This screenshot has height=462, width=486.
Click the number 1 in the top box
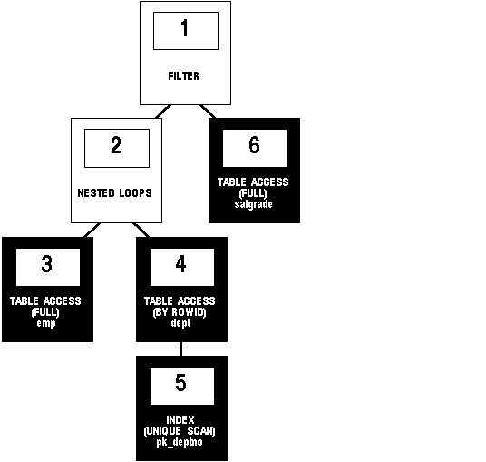click(x=185, y=27)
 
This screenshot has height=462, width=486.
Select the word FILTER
click(x=183, y=76)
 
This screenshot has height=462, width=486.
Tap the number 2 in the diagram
click(x=116, y=145)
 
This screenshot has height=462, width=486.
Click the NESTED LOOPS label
click(x=114, y=193)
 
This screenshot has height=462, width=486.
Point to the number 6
click(x=254, y=144)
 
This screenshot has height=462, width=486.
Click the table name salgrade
click(x=254, y=204)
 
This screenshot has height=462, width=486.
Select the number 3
click(x=47, y=264)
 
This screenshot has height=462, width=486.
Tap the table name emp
click(x=46, y=324)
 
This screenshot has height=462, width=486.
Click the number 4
click(x=181, y=264)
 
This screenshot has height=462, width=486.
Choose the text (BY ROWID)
click(x=180, y=312)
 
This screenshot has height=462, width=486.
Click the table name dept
click(x=181, y=323)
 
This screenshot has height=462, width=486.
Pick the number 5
click(x=181, y=382)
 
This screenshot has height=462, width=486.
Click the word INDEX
click(x=180, y=420)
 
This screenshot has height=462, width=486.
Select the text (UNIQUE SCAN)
click(x=180, y=431)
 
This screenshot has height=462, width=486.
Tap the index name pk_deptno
click(x=180, y=442)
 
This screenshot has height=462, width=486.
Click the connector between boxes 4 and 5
click(x=181, y=349)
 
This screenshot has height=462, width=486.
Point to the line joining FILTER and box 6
click(x=208, y=112)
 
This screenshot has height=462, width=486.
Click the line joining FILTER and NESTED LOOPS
click(x=163, y=112)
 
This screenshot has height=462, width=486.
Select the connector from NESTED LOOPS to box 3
click(x=92, y=230)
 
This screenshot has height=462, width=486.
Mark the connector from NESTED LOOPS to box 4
click(x=141, y=230)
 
